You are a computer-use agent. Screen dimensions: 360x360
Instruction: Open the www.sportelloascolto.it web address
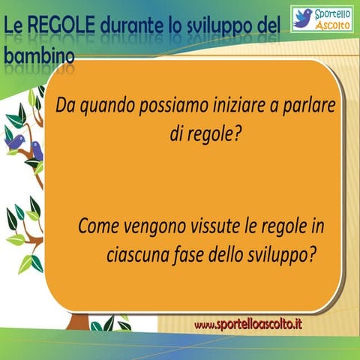(247, 324)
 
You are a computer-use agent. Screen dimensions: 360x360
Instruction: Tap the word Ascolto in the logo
(332, 25)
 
